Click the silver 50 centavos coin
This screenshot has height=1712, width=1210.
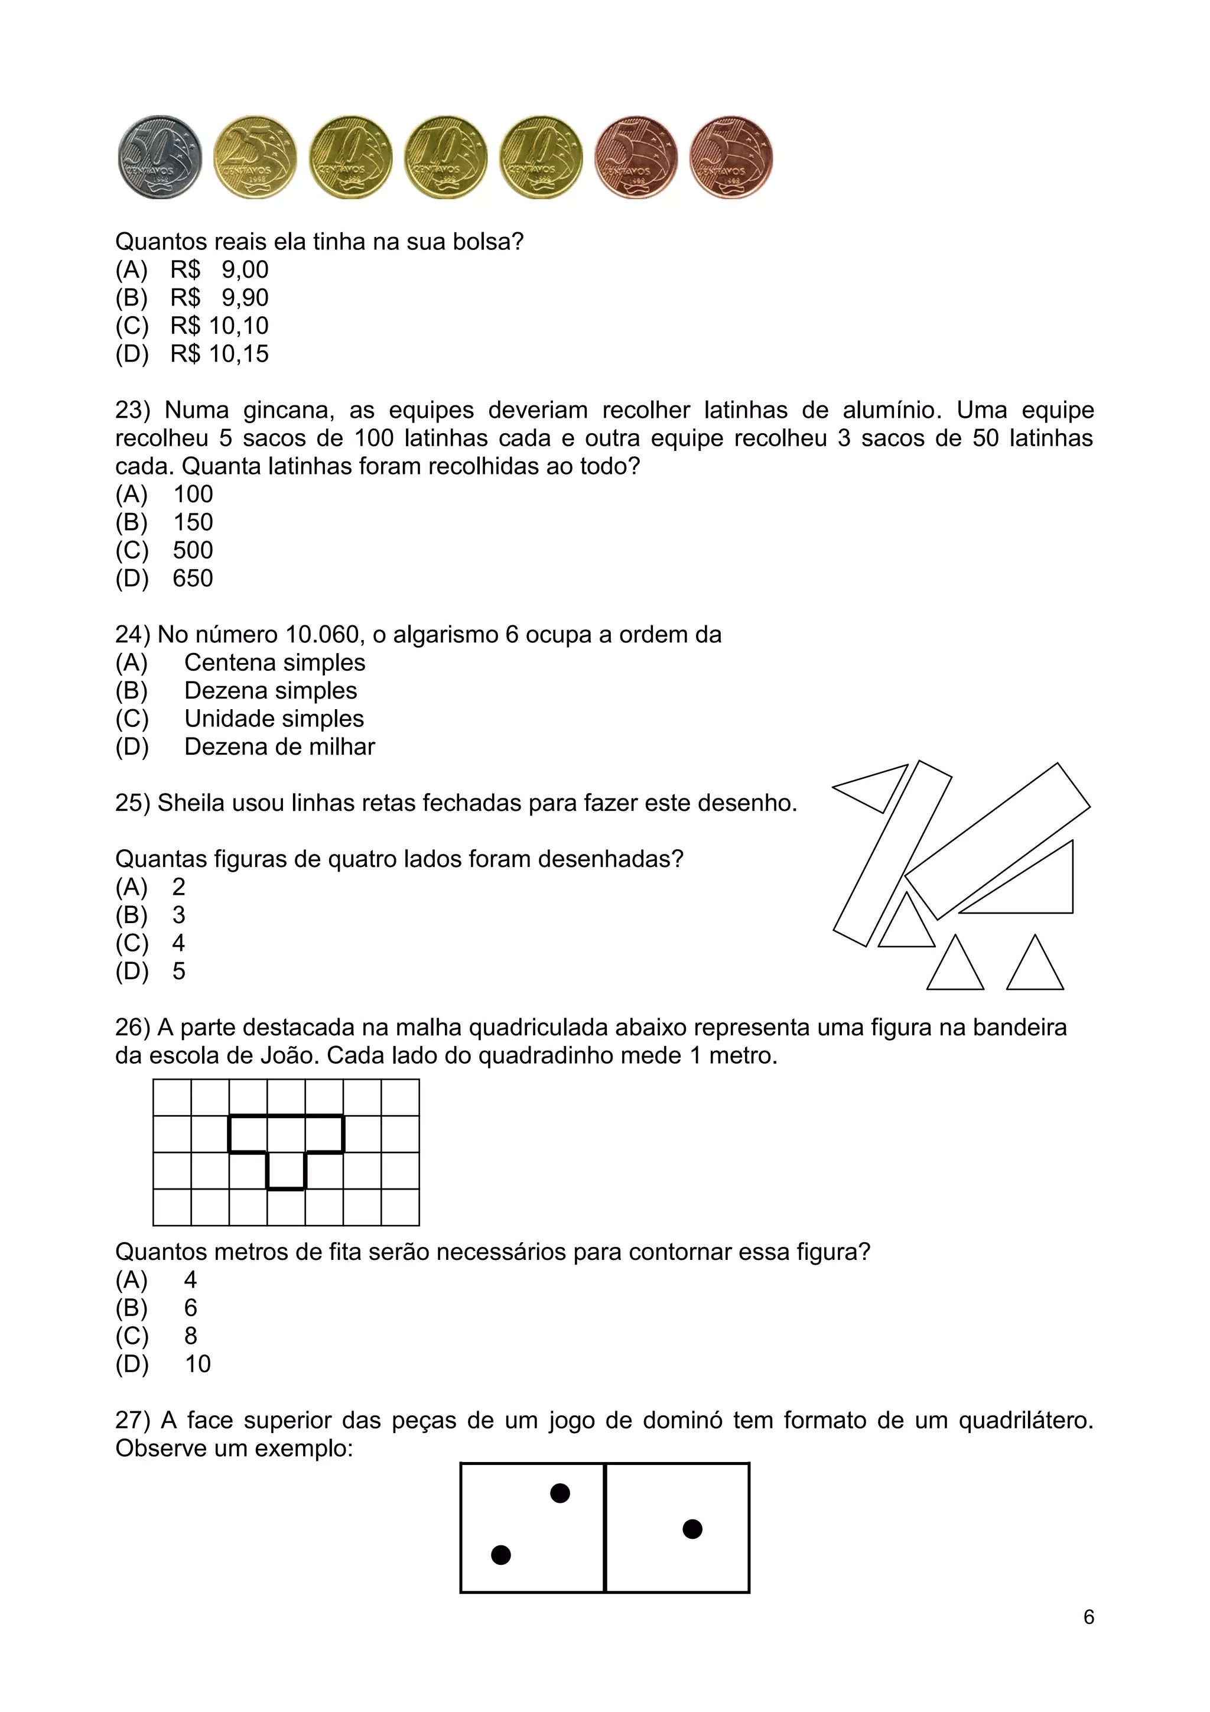pyautogui.click(x=160, y=157)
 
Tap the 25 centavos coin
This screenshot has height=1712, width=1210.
pyautogui.click(x=255, y=157)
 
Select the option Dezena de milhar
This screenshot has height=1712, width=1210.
pyautogui.click(x=279, y=746)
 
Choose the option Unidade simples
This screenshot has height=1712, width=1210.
pyautogui.click(x=274, y=719)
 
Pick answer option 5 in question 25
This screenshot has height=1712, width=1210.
pyautogui.click(x=179, y=971)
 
